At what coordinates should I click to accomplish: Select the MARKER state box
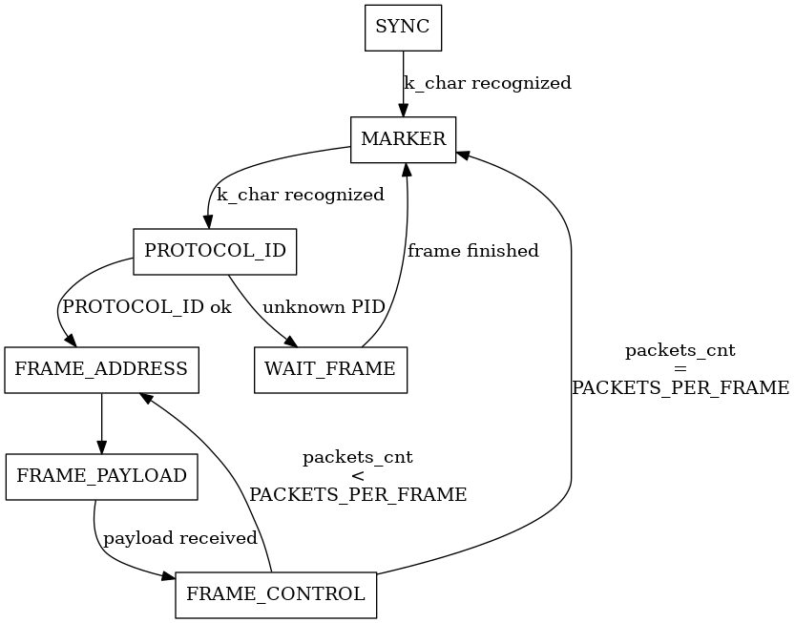click(404, 139)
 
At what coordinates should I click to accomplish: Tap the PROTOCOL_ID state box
click(215, 252)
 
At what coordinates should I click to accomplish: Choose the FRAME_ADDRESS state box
click(101, 369)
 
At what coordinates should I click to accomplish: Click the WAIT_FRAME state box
click(330, 369)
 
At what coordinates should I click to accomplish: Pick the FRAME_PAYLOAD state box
click(101, 476)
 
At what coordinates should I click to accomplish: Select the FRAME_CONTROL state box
click(276, 594)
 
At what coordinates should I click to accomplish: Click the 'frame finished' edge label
click(472, 252)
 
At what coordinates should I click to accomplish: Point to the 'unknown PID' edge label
click(324, 308)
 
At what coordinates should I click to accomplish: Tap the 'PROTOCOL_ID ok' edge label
click(146, 308)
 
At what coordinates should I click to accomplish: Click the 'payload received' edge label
click(180, 538)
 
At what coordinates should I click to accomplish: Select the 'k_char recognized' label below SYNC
click(488, 83)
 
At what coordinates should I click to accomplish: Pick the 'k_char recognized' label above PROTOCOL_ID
click(301, 196)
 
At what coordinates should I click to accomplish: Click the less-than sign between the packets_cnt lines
click(358, 476)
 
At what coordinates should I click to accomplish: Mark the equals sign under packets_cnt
click(680, 369)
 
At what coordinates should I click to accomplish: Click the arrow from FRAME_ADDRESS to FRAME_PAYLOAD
click(101, 420)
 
